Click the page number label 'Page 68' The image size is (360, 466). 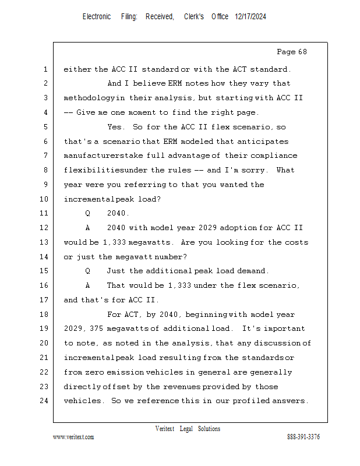[291, 52]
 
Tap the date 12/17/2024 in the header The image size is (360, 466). [250, 17]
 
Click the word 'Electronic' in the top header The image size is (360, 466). [97, 17]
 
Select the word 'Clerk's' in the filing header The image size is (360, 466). [194, 17]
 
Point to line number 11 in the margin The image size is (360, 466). [45, 214]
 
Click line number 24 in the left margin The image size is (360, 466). [45, 401]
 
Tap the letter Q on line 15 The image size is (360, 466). [88, 271]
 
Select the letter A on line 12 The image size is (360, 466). [88, 228]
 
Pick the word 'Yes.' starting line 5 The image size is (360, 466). [117, 127]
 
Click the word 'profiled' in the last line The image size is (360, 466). [252, 401]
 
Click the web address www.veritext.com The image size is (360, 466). [73, 437]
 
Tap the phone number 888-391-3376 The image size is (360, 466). [303, 437]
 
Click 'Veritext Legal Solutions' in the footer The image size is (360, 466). [188, 429]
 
